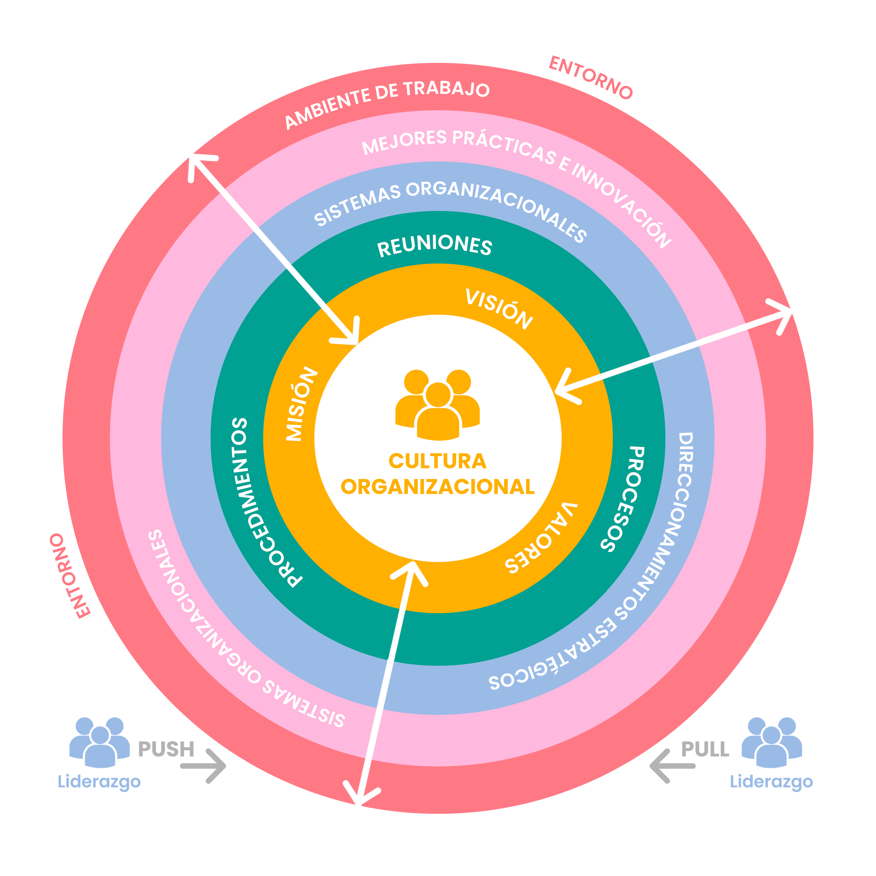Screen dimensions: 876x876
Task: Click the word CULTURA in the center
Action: coord(438,461)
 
